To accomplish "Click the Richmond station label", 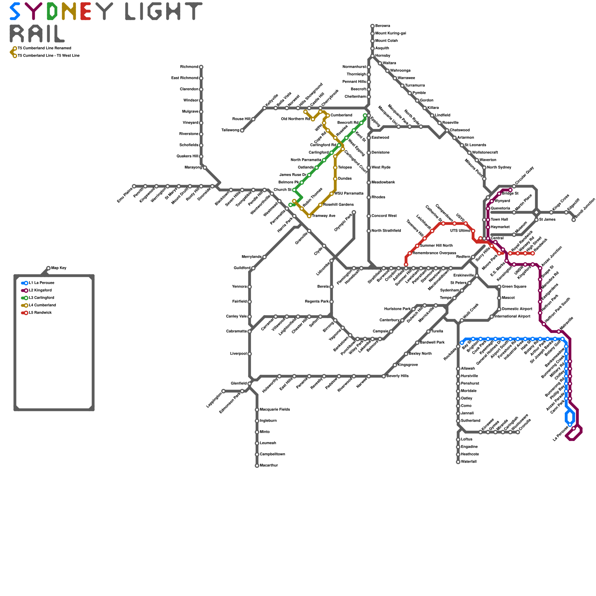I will point(189,67).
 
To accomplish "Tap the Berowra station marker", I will point(372,26).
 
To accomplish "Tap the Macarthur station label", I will point(269,466).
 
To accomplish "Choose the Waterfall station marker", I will point(458,462).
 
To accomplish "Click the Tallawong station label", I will point(230,130).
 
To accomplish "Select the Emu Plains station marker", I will point(134,186).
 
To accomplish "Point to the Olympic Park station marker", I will point(354,212).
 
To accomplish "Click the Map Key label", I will point(59,268).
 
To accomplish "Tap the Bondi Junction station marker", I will point(574,220).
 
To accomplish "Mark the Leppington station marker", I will point(223,391).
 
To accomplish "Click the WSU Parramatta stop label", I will point(349,194).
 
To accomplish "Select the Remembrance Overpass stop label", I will point(434,253).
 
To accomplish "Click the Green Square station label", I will point(514,287).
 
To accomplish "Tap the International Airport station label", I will point(512,317).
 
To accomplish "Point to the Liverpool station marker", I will point(250,354).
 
